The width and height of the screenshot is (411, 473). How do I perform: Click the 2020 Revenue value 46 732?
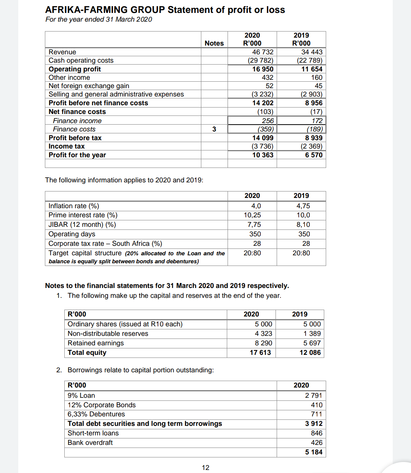tap(263, 52)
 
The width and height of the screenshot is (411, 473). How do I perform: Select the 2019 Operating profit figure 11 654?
tap(312, 69)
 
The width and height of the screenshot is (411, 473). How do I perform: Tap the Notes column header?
tap(214, 43)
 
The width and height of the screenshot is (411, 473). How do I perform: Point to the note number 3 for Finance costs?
tap(214, 129)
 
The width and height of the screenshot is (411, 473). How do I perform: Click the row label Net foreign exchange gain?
tap(89, 86)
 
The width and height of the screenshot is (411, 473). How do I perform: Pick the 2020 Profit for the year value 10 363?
tap(263, 155)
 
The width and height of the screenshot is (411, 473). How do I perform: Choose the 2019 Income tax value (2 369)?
tap(311, 146)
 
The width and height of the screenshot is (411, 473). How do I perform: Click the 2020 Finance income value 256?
tap(268, 121)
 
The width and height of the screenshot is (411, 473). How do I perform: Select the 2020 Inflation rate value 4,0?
tap(256, 206)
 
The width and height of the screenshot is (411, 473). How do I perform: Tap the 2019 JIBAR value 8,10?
tap(303, 225)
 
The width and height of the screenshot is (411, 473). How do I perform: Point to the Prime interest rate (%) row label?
tap(83, 215)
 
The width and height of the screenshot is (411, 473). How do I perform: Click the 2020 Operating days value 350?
tap(255, 234)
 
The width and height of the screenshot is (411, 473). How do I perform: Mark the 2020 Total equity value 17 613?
tap(260, 353)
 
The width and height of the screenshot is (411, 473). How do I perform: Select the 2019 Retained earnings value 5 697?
tap(312, 343)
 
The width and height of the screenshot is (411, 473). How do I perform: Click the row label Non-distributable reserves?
tap(108, 334)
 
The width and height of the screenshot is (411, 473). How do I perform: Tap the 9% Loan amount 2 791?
tap(314, 395)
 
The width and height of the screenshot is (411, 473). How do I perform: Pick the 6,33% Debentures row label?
tap(96, 414)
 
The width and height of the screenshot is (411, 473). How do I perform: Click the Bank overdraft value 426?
tap(317, 443)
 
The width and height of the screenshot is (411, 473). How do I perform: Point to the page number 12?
tap(205, 468)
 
